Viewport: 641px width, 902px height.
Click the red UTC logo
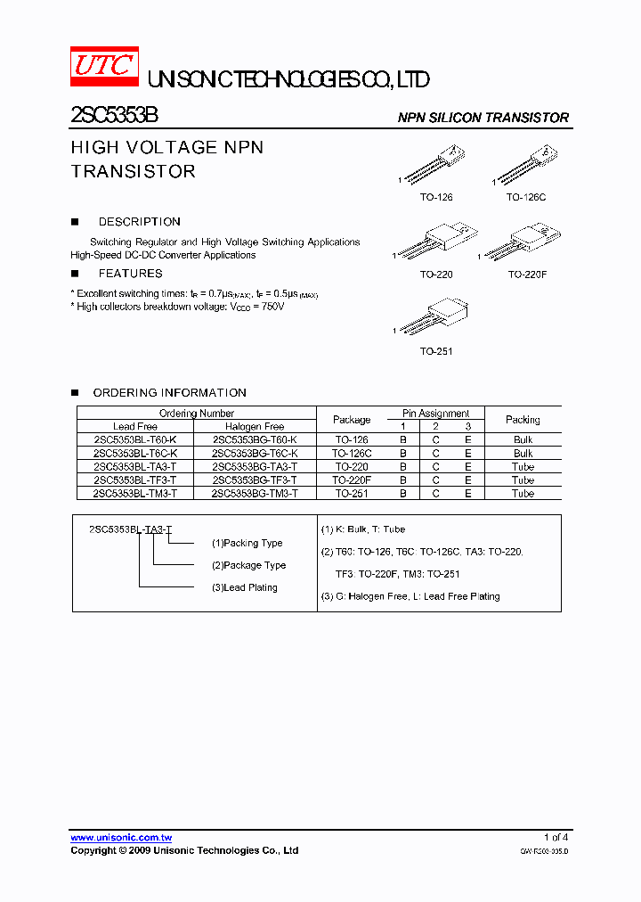(x=104, y=68)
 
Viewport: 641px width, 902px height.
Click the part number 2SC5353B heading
(x=114, y=117)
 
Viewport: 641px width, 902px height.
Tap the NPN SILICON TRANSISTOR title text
(x=483, y=118)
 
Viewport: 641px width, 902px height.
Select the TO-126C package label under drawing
(x=526, y=197)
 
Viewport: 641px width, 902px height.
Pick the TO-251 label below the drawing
(x=436, y=351)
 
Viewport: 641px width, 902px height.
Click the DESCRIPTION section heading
(x=139, y=222)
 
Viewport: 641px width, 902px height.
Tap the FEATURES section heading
(x=130, y=274)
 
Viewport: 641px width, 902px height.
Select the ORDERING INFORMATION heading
(x=169, y=392)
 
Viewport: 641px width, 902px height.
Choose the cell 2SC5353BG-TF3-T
(x=255, y=480)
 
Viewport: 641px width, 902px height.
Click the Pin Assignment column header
(x=435, y=414)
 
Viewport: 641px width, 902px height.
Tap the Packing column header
(x=523, y=420)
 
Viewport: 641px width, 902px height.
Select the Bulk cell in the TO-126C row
(x=523, y=454)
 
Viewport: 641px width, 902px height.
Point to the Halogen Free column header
(x=255, y=427)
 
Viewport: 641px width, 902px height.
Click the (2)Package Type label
(x=248, y=565)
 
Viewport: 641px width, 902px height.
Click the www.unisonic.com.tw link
(x=121, y=838)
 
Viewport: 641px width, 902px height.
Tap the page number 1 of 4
(x=556, y=837)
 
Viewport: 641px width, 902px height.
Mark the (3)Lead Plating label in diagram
(x=244, y=587)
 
